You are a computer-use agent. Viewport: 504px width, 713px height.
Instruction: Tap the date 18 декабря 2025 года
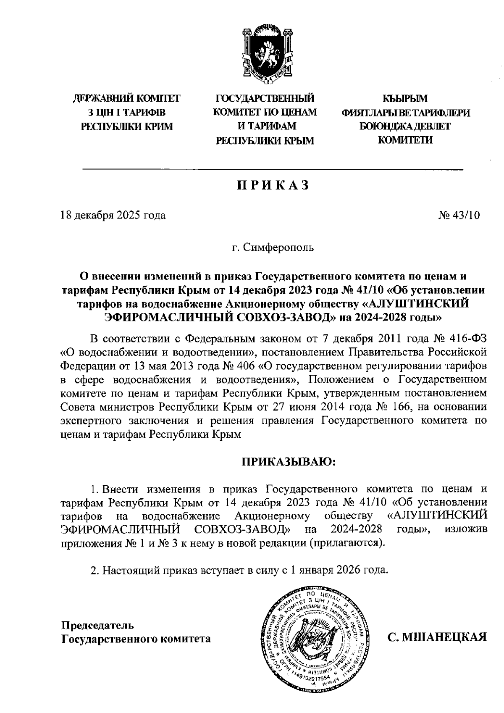click(x=113, y=216)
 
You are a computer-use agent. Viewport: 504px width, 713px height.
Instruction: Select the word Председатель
click(x=98, y=625)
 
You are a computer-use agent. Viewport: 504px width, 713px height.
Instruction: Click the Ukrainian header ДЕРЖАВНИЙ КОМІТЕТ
click(x=126, y=99)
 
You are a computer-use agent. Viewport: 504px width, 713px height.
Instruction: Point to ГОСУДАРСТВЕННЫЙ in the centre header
click(x=265, y=99)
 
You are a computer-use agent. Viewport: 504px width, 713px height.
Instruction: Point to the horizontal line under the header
click(x=273, y=169)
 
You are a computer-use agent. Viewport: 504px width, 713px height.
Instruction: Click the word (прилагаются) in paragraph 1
click(x=346, y=543)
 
